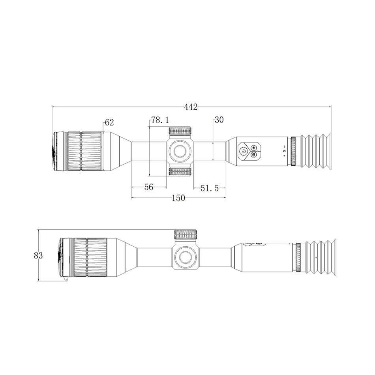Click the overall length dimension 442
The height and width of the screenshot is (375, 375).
(x=191, y=107)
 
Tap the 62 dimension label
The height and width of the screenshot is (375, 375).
(x=109, y=122)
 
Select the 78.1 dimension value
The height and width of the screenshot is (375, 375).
(x=160, y=120)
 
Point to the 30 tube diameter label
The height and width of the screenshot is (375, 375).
(x=219, y=120)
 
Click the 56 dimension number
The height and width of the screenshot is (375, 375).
(x=149, y=187)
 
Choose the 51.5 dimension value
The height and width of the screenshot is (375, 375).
(x=210, y=188)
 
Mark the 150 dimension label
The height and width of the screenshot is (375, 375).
(x=178, y=198)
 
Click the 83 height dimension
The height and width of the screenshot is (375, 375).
(x=38, y=255)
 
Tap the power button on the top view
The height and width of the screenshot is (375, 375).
(x=244, y=151)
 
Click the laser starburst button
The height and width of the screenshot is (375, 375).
(x=253, y=147)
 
